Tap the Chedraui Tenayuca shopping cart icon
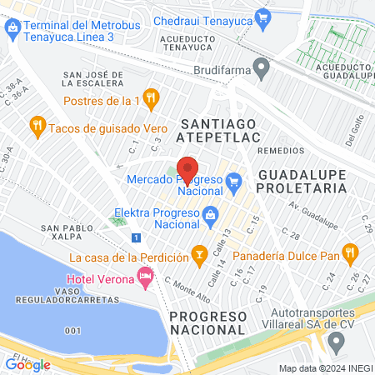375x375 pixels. tap(263, 16)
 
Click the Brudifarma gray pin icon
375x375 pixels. tap(262, 65)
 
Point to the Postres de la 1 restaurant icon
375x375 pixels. tap(150, 97)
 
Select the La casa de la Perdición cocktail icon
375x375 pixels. tap(199, 252)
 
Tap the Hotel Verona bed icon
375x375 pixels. tap(146, 275)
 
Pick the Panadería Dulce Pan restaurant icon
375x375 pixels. tap(351, 251)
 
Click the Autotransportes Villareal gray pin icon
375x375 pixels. tap(336, 341)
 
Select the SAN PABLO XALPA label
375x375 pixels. tap(71, 232)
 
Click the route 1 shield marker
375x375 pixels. tap(135, 237)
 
